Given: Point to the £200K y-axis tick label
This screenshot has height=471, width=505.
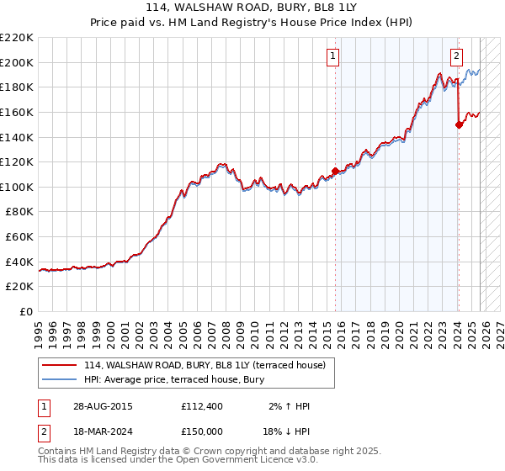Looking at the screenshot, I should pos(17,62).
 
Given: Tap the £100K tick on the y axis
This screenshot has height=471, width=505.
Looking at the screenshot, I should pos(17,187).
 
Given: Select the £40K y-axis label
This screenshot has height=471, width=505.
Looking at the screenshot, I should pos(19,262).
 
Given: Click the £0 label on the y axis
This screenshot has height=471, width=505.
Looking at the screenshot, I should pos(26,312).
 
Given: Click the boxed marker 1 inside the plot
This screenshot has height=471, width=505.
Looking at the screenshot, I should pos(333,56).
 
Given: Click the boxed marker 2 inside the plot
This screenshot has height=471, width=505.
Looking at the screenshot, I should pos(456,56).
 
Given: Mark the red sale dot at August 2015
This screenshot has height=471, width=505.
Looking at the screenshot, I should pos(335,172).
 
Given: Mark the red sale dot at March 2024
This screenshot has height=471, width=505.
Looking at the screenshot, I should pos(459,124).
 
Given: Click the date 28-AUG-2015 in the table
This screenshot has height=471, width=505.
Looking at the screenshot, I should pos(102,406).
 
